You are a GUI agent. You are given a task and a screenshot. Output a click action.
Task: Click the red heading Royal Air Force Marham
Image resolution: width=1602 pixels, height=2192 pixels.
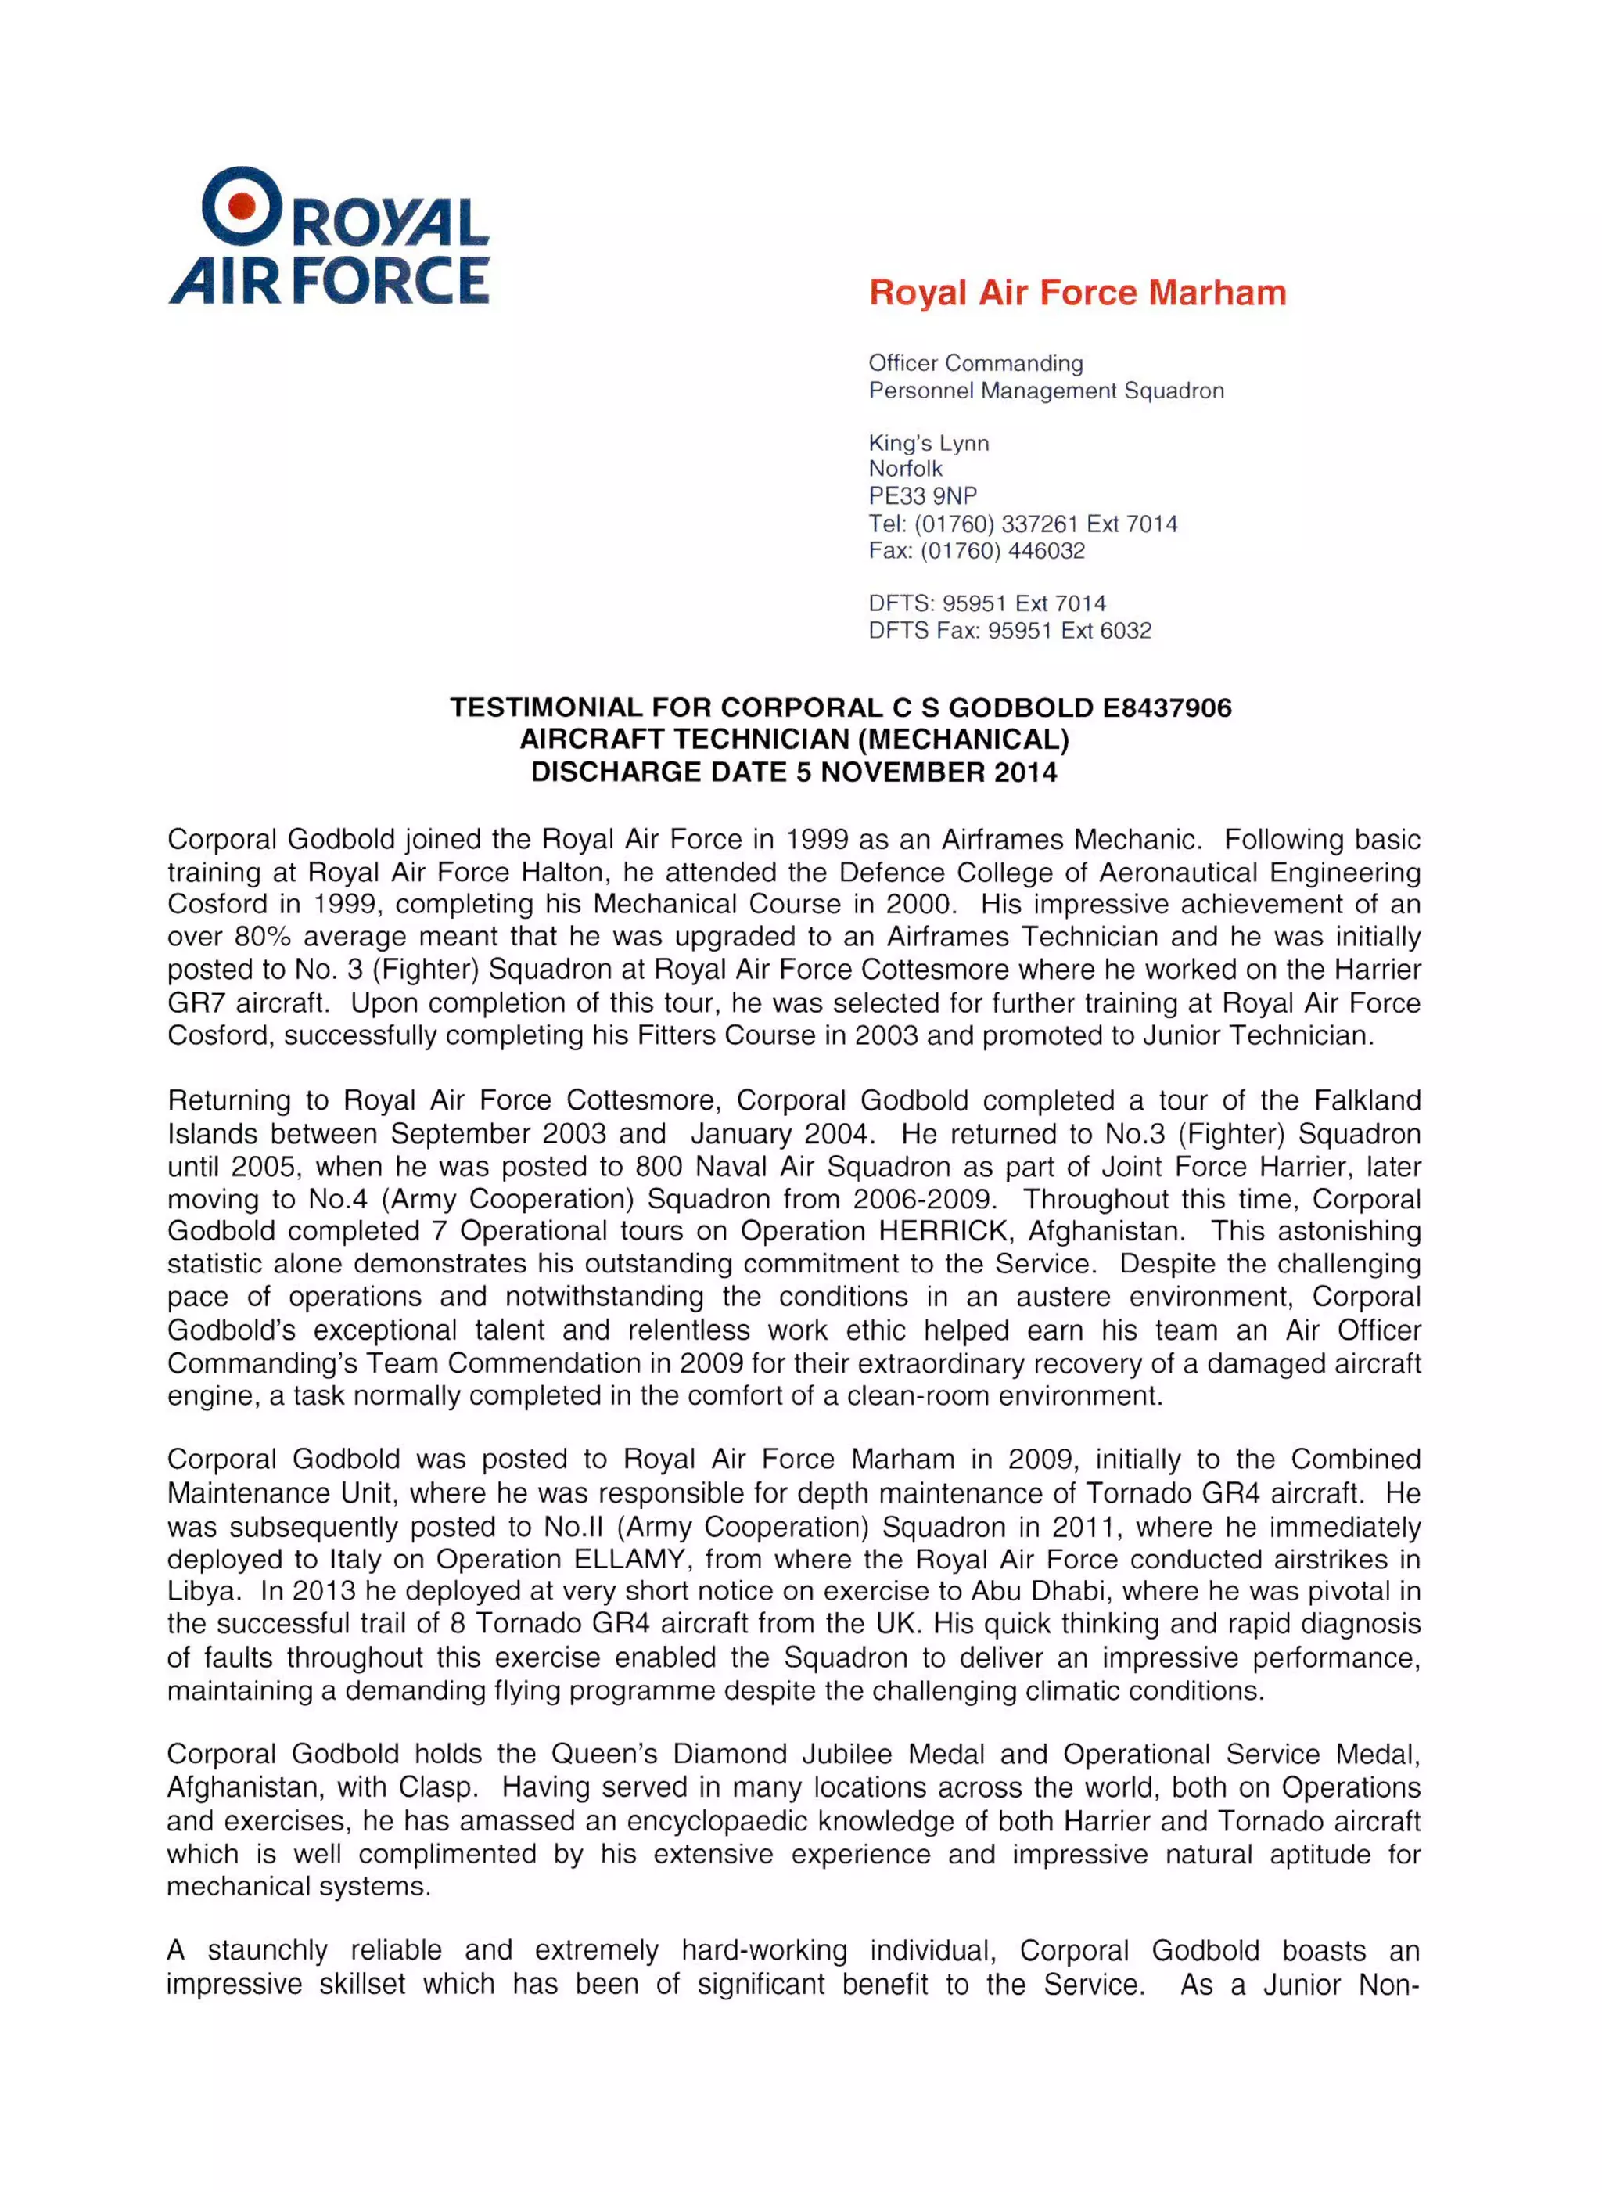tap(1076, 292)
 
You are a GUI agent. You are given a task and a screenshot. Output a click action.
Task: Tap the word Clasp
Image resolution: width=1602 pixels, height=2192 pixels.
tap(441, 1788)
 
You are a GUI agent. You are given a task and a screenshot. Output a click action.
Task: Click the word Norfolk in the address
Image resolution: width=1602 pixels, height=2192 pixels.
tap(905, 469)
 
